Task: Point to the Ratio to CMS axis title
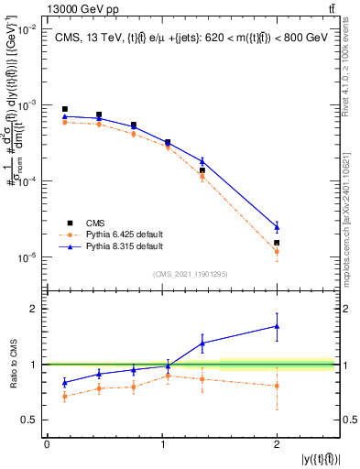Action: click(13, 364)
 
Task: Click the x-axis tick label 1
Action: click(162, 444)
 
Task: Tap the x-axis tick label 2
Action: click(277, 444)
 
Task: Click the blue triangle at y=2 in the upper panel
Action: click(277, 226)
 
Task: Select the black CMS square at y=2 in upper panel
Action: click(277, 243)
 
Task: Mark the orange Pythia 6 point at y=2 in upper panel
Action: click(277, 251)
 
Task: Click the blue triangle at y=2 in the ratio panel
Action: click(277, 326)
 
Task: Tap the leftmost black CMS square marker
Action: click(64, 109)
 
